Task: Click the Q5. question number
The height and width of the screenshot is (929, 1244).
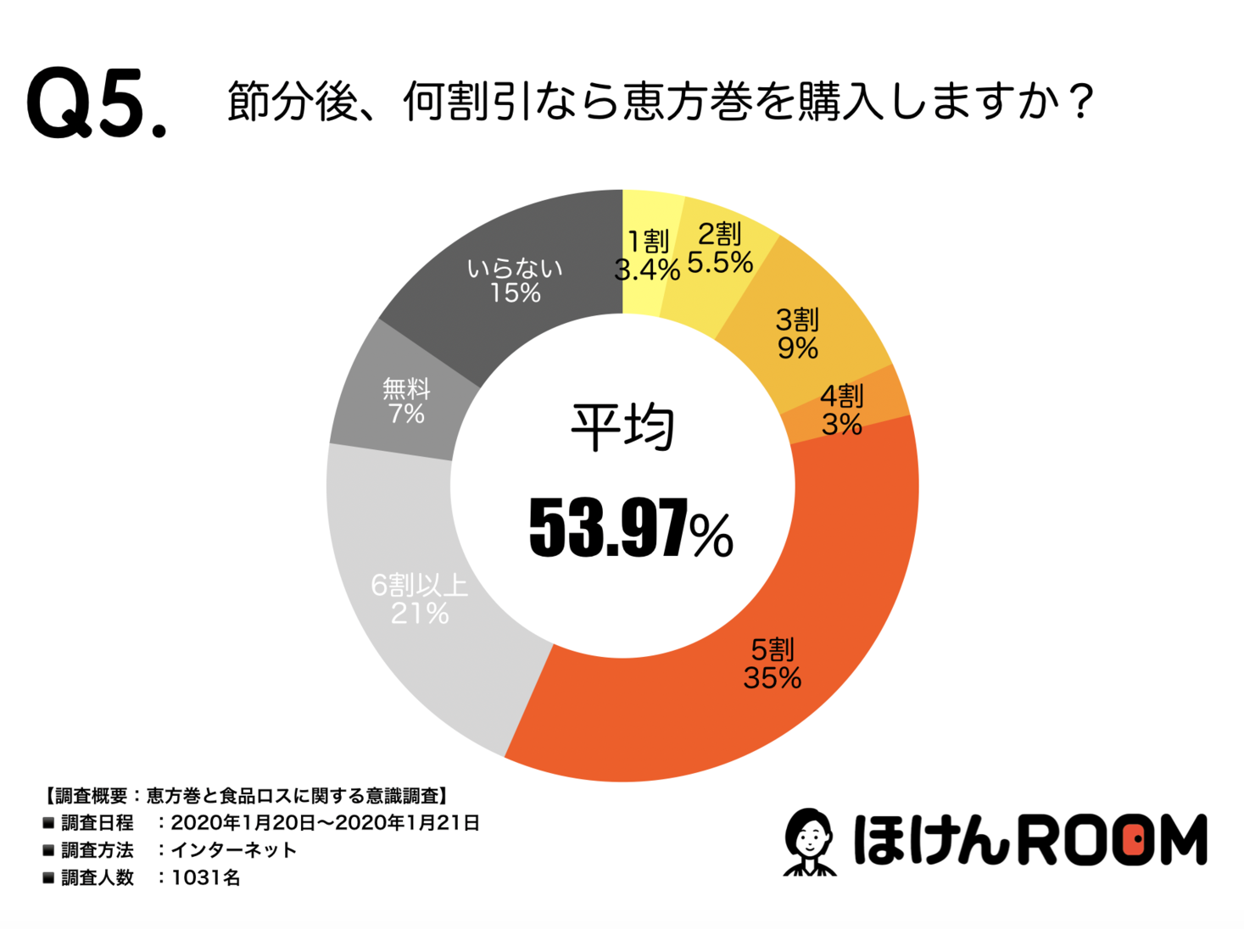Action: [96, 103]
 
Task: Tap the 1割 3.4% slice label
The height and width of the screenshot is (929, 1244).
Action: [647, 256]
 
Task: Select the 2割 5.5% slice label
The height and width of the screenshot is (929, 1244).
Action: [719, 249]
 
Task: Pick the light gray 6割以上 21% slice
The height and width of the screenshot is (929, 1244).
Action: [420, 598]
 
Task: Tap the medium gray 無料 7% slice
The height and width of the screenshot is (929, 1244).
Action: [406, 401]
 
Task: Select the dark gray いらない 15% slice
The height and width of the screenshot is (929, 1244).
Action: [514, 281]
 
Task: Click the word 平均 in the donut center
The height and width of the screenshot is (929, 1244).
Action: [622, 427]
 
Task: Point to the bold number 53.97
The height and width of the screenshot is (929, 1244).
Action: [607, 529]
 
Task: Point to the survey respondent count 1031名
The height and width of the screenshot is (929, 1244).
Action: [206, 877]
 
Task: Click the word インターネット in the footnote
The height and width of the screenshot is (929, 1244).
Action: [234, 850]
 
